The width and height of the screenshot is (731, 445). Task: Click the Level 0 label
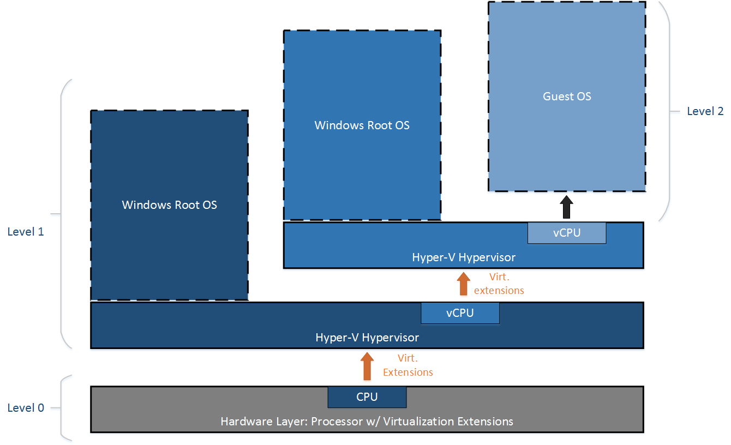(26, 408)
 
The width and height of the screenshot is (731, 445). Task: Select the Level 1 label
(26, 232)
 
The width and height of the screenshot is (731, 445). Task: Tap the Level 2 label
(705, 111)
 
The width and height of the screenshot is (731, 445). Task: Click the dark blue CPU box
(367, 397)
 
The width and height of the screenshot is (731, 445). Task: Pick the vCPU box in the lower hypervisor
(460, 313)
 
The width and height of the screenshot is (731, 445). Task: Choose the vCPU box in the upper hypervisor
(567, 233)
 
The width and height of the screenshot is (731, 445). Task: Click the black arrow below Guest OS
(566, 207)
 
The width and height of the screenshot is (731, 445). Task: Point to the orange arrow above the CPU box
(367, 366)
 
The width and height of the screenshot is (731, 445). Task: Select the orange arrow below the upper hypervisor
(463, 284)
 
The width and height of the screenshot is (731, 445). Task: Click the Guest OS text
(567, 97)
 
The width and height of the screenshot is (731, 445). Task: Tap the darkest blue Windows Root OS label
(169, 205)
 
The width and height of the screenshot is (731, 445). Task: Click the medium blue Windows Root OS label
(362, 125)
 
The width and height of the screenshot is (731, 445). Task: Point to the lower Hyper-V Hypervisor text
(367, 338)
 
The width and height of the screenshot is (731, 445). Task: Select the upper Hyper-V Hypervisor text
(464, 257)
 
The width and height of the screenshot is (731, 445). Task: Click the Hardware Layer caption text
(367, 422)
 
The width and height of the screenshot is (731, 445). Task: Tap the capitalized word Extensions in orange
(408, 372)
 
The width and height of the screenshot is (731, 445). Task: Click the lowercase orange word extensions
(499, 290)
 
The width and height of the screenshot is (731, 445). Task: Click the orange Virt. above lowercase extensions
(499, 277)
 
